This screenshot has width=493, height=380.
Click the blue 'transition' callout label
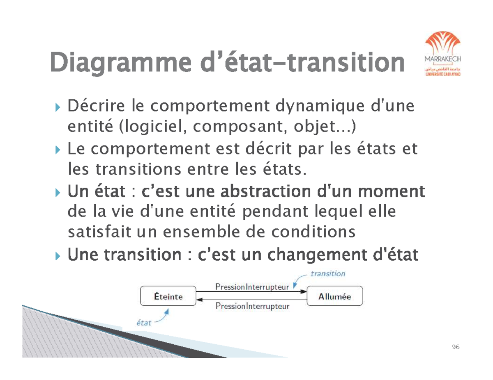327,273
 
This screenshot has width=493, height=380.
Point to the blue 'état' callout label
144,323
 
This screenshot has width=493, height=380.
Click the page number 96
455,348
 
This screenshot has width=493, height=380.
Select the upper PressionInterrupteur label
252,287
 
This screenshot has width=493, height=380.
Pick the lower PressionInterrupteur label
252,306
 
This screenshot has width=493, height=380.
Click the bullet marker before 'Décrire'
57,108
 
